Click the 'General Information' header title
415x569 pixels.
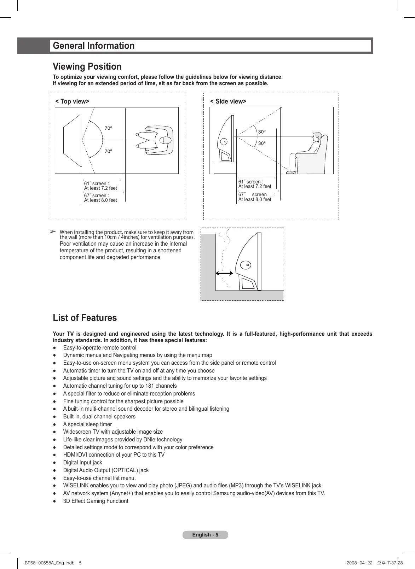pos(94,46)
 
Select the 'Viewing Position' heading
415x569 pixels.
pos(87,66)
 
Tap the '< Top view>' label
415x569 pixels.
pos(72,101)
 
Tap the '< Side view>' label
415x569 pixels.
pos(228,101)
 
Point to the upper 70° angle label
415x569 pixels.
pos(108,128)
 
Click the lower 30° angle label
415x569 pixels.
pos(262,143)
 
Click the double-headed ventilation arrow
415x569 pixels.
pos(224,273)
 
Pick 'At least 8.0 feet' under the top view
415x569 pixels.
pos(100,200)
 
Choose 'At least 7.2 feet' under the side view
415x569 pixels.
pos(255,187)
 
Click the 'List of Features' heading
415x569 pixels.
pos(85,318)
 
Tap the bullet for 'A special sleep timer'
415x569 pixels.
pos(54,424)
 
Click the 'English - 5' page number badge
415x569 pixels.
pos(205,535)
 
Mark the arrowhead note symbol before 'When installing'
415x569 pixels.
pos(52,231)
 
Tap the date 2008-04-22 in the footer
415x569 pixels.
pos(359,563)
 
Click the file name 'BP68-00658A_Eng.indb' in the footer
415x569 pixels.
pos(50,563)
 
